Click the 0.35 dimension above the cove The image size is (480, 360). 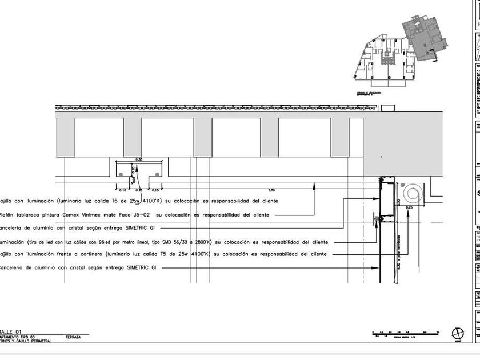click(x=139, y=159)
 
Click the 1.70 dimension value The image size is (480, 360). click(x=271, y=189)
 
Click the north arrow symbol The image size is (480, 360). click(x=458, y=333)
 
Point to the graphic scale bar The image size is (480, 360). click(x=405, y=333)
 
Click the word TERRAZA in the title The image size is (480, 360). click(x=73, y=337)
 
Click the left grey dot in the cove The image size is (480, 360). click(x=121, y=173)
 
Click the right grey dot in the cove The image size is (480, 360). click(x=157, y=173)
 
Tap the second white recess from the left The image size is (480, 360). click(x=167, y=137)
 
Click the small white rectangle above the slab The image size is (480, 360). click(x=387, y=107)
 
